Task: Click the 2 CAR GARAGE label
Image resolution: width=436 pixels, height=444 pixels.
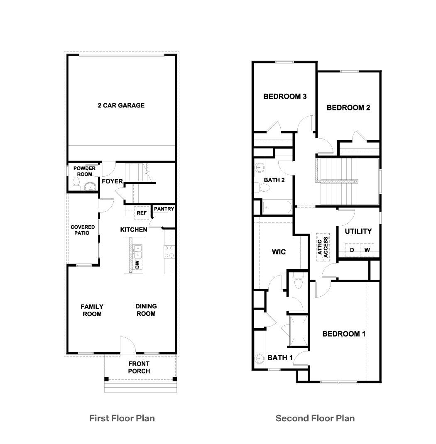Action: (x=121, y=105)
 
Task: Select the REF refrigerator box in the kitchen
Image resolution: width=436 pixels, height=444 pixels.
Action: (x=142, y=213)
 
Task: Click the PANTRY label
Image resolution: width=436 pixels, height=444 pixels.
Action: (x=164, y=209)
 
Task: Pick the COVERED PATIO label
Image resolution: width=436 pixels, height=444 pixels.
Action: (x=82, y=230)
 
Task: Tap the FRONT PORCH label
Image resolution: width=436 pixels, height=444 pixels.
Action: (x=139, y=367)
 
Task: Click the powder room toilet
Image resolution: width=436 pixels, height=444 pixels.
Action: (x=76, y=183)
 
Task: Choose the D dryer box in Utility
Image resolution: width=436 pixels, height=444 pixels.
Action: (x=352, y=250)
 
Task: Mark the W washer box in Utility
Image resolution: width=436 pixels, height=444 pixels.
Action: (x=367, y=250)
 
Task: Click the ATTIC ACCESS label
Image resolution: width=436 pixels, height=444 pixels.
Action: (x=323, y=248)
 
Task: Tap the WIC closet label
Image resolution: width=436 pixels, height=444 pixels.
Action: (x=279, y=252)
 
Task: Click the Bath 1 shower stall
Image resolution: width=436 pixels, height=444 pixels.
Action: (x=298, y=331)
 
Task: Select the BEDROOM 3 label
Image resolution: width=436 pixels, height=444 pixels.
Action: (x=285, y=97)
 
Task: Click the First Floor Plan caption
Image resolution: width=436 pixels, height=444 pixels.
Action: (x=122, y=418)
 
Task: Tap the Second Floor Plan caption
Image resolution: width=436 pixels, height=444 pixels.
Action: (x=315, y=418)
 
